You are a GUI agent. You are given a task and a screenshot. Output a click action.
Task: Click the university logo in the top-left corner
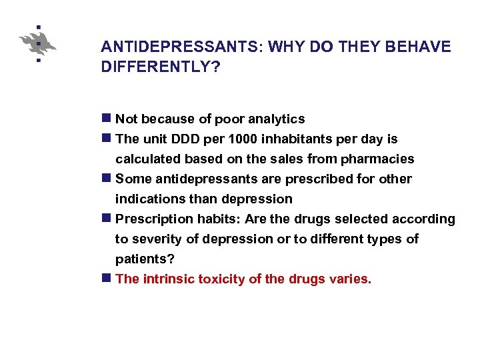38,44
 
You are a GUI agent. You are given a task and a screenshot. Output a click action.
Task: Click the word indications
147,199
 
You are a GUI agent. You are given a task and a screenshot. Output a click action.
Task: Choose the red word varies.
350,279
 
